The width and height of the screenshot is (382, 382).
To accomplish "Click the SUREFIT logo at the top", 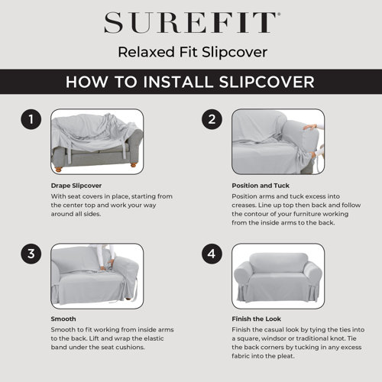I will pyautogui.click(x=190, y=23).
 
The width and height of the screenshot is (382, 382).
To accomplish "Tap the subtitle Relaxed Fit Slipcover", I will pyautogui.click(x=190, y=52).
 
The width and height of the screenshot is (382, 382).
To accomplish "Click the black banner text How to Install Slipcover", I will pyautogui.click(x=190, y=82).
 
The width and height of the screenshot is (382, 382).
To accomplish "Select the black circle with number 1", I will pyautogui.click(x=31, y=120).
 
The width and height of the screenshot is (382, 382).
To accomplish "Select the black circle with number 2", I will pyautogui.click(x=212, y=120).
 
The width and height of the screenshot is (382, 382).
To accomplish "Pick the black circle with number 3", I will pyautogui.click(x=31, y=254).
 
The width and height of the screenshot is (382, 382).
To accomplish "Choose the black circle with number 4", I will pyautogui.click(x=212, y=254).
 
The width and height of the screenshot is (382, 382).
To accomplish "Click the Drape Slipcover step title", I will pyautogui.click(x=76, y=186).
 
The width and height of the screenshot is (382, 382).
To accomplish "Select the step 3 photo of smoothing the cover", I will pyautogui.click(x=96, y=276).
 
